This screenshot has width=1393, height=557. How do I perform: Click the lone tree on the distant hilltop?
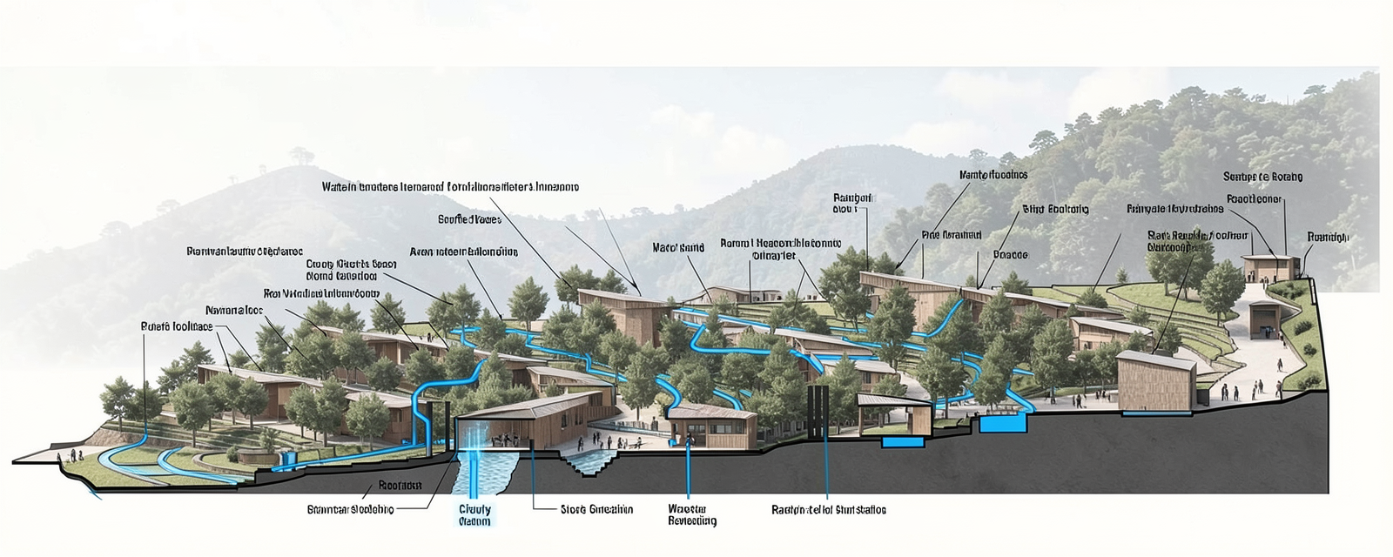click(x=301, y=156)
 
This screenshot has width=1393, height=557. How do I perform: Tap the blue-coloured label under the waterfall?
click(x=474, y=515)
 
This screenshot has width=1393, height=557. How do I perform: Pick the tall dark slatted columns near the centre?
click(x=816, y=414)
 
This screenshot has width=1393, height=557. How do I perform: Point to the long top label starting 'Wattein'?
click(x=449, y=186)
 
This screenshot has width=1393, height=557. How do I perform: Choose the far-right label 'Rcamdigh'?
click(x=1328, y=238)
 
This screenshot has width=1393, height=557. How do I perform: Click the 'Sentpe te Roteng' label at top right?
click(x=1262, y=177)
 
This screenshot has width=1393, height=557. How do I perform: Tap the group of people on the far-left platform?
click(x=70, y=455)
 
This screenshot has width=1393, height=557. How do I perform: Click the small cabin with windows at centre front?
click(x=711, y=426)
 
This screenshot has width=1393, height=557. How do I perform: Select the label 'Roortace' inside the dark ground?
click(x=400, y=486)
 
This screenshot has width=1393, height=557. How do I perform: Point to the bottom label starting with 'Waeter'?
click(x=692, y=515)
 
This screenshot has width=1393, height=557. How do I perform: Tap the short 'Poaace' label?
click(x=1010, y=255)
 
